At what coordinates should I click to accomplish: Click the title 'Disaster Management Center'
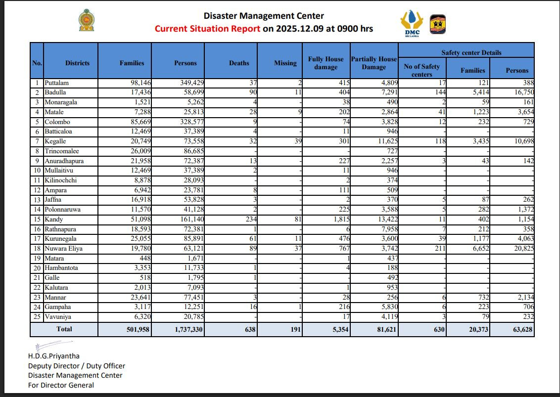pyautogui.click(x=264, y=16)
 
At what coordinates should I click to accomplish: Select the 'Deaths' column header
pyautogui.click(x=239, y=63)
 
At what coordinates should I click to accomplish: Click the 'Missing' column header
pyautogui.click(x=285, y=63)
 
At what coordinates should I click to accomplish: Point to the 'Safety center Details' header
pyautogui.click(x=471, y=52)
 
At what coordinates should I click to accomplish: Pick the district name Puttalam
pyautogui.click(x=57, y=83)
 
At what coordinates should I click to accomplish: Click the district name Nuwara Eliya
pyautogui.click(x=63, y=249)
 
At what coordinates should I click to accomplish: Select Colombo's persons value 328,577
pyautogui.click(x=189, y=122)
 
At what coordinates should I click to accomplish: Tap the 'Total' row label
pyautogui.click(x=64, y=329)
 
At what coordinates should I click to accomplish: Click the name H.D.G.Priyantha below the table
pyautogui.click(x=53, y=356)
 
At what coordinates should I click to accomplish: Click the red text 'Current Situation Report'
pyautogui.click(x=207, y=29)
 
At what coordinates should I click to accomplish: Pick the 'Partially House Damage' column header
pyautogui.click(x=373, y=63)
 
